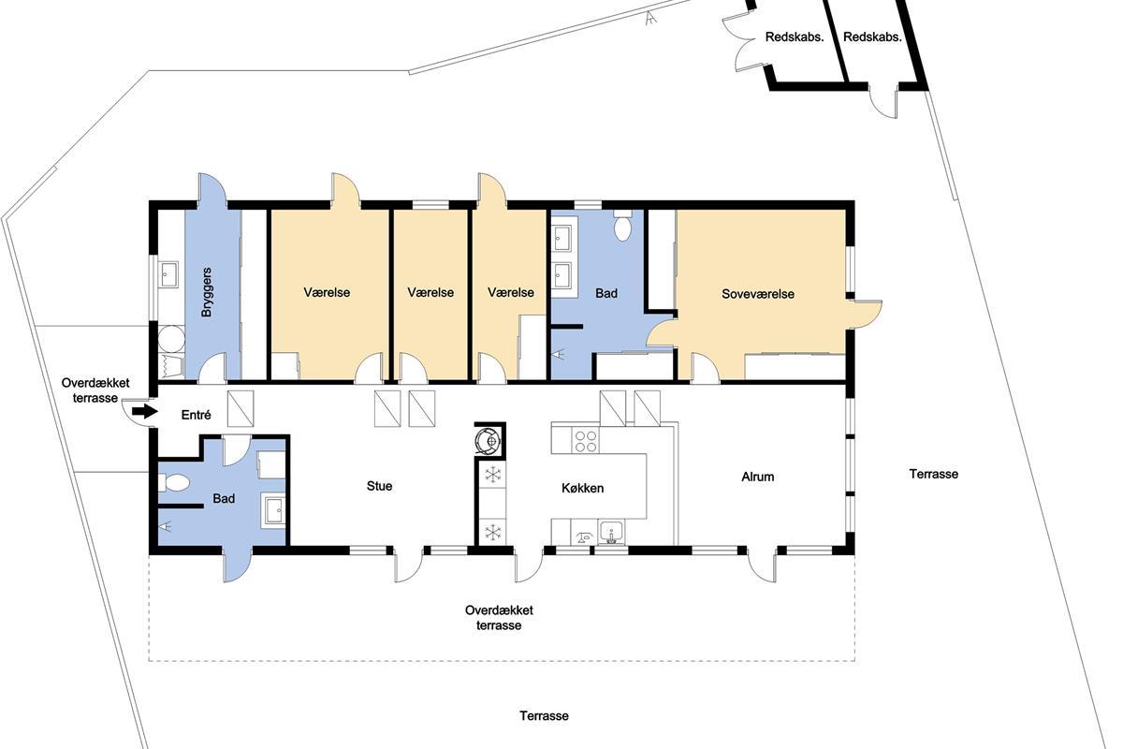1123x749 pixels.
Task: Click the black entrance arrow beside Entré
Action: (145, 411)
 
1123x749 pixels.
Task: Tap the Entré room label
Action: (196, 415)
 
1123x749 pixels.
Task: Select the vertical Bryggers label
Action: (207, 292)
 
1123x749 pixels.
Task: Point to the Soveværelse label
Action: (757, 294)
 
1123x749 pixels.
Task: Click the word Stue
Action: (379, 486)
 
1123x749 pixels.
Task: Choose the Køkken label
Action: (582, 488)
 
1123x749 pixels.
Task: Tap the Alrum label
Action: (757, 477)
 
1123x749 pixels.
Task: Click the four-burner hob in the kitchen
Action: (586, 441)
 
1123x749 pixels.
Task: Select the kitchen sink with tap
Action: (611, 533)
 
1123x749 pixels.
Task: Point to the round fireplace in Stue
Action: (489, 441)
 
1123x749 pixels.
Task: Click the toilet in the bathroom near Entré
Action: (173, 483)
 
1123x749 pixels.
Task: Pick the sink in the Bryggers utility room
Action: (169, 275)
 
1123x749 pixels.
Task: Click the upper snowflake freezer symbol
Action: (493, 474)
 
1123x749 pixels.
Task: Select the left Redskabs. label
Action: (795, 37)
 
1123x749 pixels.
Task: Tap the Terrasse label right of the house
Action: (934, 474)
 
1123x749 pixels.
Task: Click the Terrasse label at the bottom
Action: (544, 716)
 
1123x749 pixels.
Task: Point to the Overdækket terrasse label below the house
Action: (499, 618)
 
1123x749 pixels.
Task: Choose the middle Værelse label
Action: (430, 292)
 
